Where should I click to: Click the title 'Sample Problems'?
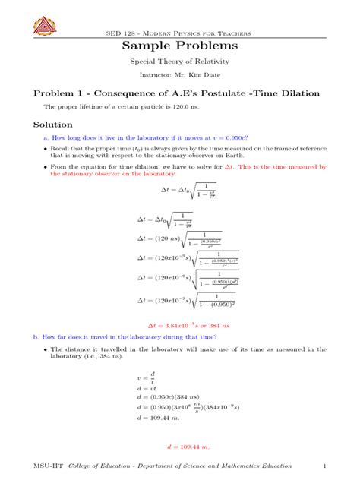[180, 46]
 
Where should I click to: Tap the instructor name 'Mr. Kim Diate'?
[196, 76]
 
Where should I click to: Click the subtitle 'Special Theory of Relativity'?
[180, 62]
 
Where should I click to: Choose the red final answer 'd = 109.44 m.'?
[180, 447]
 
